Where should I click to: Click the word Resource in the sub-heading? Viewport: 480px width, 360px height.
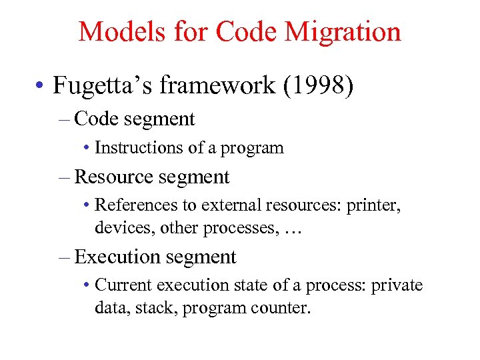(114, 177)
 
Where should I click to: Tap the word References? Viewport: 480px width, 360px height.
(134, 206)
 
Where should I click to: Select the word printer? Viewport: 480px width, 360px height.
(373, 206)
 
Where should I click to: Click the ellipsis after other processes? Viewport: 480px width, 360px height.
(293, 229)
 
